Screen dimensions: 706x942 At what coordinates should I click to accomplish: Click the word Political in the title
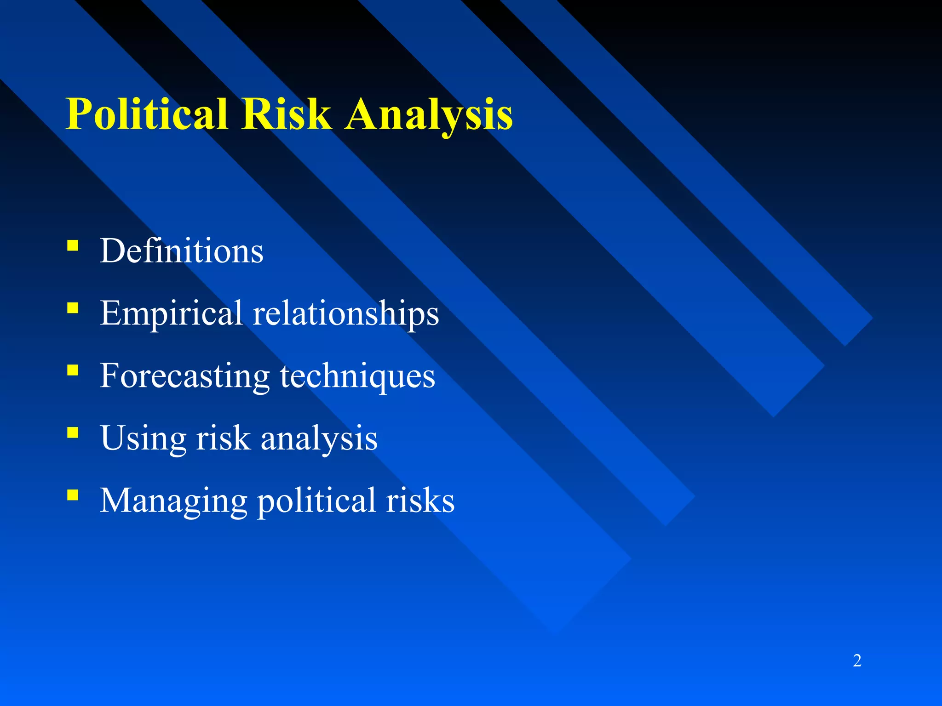pos(147,114)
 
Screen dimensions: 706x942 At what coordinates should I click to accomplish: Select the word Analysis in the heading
pos(429,114)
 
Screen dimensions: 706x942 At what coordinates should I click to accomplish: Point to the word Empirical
pos(171,313)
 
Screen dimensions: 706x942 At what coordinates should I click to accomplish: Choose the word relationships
pos(346,313)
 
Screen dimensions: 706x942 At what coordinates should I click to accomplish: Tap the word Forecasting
pos(184,376)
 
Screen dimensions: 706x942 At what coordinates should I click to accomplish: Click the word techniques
pos(357,376)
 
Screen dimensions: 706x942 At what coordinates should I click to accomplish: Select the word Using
pos(143,438)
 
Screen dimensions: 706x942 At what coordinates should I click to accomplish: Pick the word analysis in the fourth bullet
pos(319,438)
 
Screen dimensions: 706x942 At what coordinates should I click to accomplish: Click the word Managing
pos(173,500)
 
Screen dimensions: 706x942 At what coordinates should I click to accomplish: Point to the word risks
pos(420,500)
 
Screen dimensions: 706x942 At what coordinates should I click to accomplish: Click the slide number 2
pos(857,660)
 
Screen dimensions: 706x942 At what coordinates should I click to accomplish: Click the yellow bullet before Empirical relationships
pos(73,307)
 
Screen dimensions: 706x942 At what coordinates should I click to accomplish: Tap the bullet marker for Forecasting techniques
pos(73,370)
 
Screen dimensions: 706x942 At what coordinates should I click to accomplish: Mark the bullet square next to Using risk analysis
pos(73,433)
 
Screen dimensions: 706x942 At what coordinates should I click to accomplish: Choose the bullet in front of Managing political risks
pos(73,495)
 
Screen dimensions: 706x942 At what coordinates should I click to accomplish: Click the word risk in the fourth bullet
pos(223,438)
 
